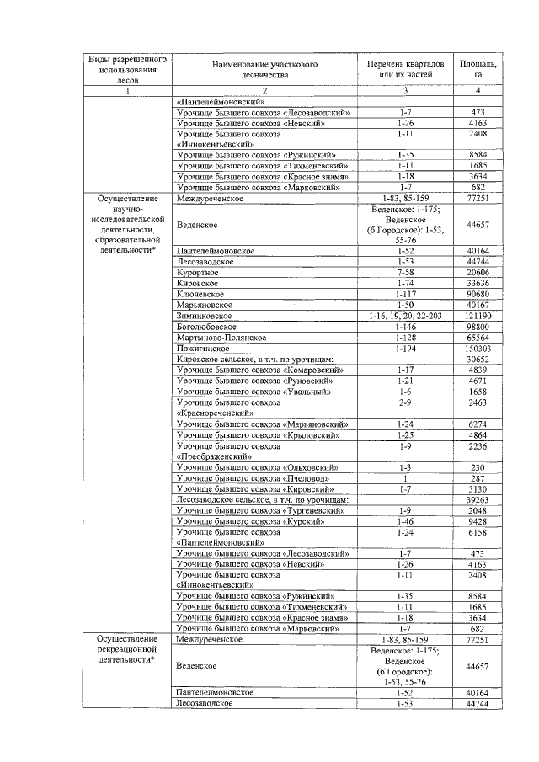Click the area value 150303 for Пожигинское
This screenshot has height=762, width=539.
pyautogui.click(x=478, y=348)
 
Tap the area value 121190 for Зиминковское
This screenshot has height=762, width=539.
pyautogui.click(x=478, y=315)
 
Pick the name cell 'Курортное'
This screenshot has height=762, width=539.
pyautogui.click(x=199, y=274)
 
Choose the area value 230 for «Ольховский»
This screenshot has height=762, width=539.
pyautogui.click(x=478, y=466)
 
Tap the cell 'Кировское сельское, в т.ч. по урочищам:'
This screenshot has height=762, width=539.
pyautogui.click(x=256, y=359)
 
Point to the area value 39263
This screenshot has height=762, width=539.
pyautogui.click(x=478, y=499)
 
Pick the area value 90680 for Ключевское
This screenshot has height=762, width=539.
pyautogui.click(x=478, y=294)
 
